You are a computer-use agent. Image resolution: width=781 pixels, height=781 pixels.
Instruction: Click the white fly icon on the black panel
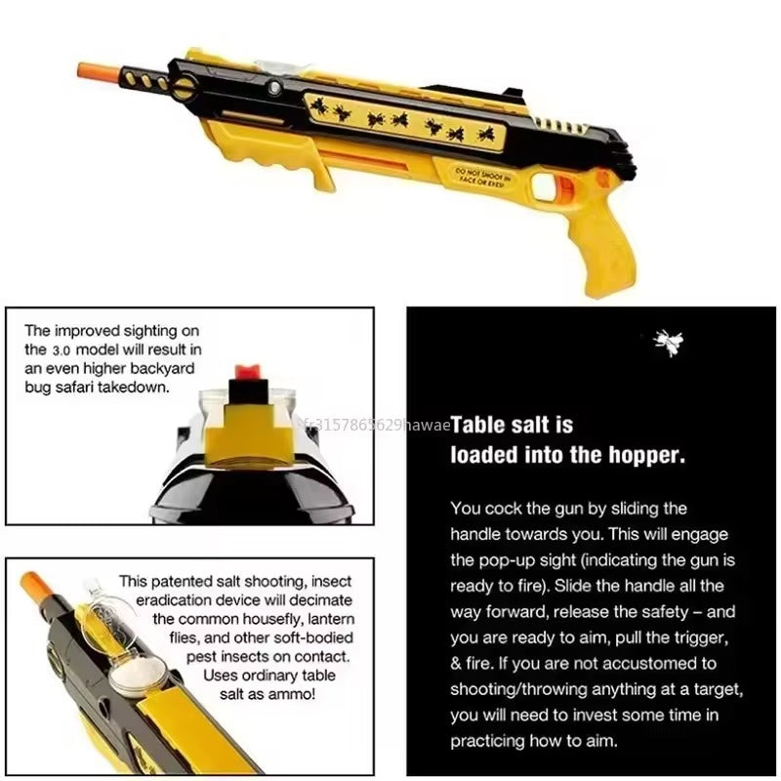click(x=669, y=341)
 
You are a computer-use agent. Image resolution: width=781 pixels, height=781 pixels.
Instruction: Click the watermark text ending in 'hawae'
click(x=376, y=425)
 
